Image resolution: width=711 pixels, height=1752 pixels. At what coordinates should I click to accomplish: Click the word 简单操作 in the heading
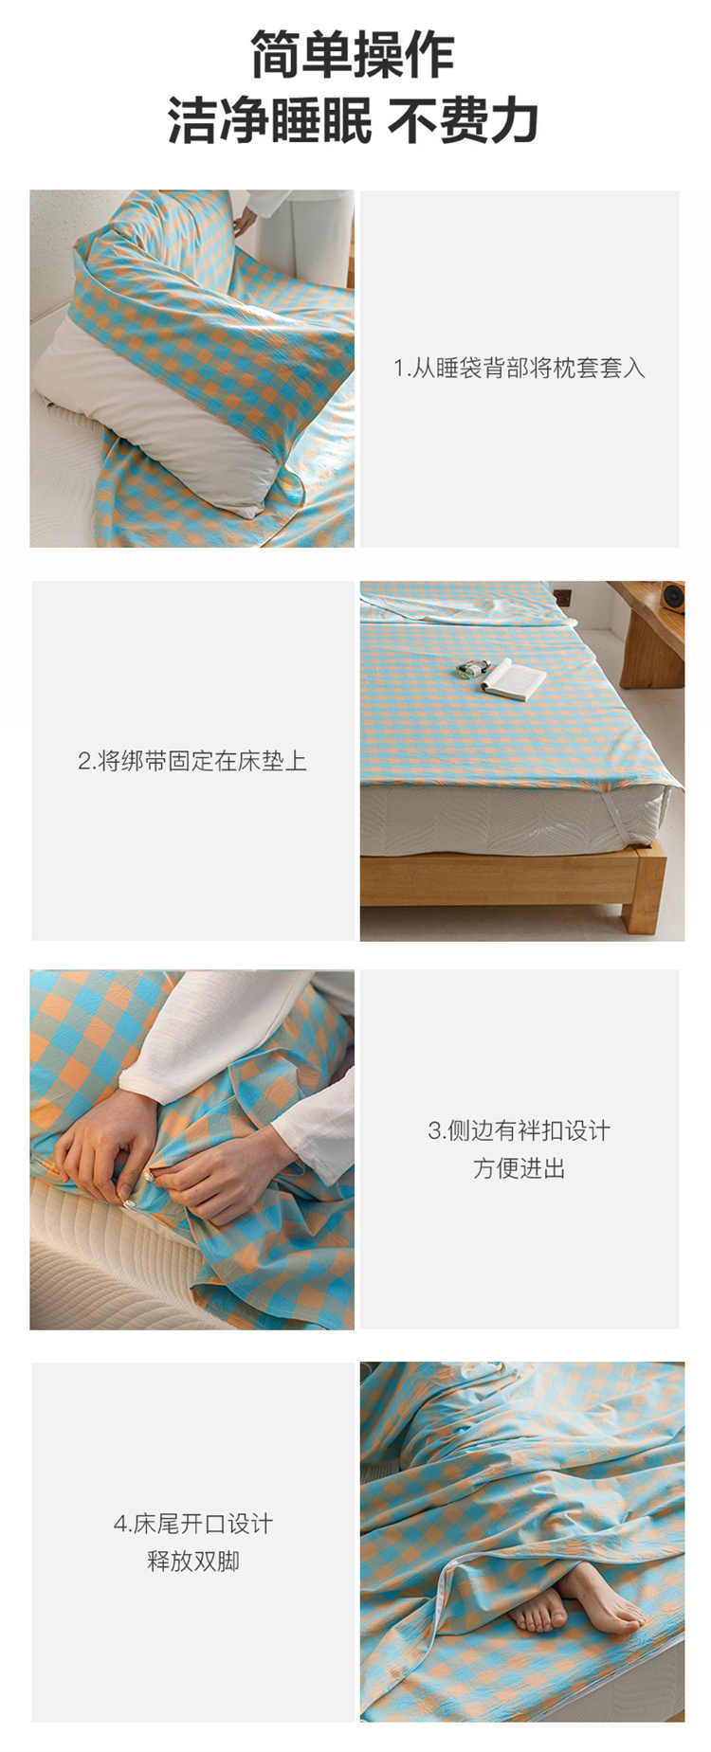[x=353, y=54]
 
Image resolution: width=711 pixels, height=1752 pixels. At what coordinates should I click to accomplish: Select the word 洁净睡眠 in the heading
[x=270, y=120]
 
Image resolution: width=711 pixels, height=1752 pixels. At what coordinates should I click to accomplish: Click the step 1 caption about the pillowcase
[x=520, y=368]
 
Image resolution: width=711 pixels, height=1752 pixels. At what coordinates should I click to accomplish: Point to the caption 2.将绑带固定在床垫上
[x=192, y=761]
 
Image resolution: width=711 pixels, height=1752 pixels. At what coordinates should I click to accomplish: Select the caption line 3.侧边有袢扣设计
[x=520, y=1130]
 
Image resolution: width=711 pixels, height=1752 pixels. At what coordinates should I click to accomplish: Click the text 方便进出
[x=520, y=1168]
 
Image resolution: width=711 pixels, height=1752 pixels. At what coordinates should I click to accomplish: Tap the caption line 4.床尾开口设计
[x=193, y=1524]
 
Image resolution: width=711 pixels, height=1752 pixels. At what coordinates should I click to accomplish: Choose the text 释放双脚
[x=193, y=1562]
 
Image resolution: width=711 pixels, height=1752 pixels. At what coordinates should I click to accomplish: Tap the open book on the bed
[x=513, y=678]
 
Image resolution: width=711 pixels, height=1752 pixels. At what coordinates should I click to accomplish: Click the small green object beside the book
[x=466, y=669]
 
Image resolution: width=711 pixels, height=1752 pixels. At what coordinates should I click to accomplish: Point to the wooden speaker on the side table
[x=673, y=598]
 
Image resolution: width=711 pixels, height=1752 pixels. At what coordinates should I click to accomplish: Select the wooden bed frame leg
[x=639, y=914]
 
